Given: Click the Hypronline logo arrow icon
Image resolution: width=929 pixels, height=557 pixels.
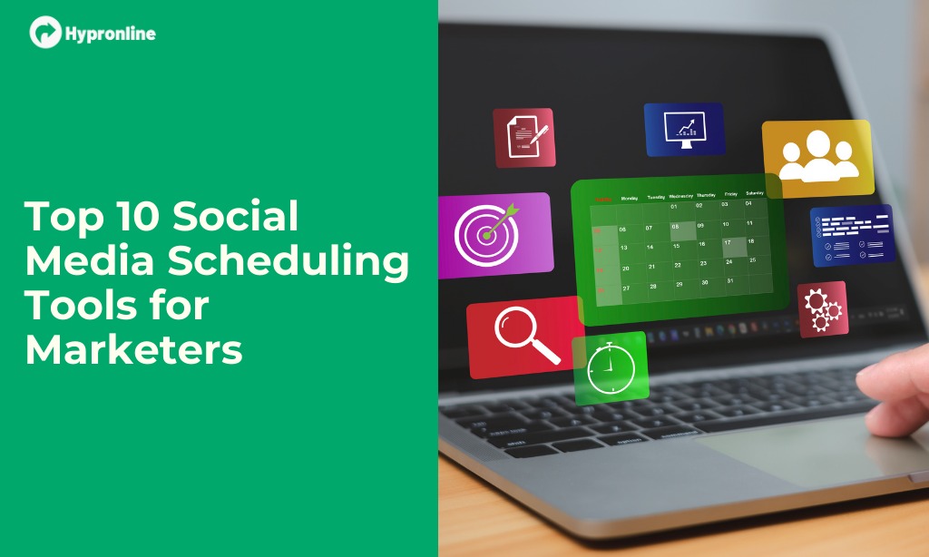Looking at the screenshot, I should [44, 33].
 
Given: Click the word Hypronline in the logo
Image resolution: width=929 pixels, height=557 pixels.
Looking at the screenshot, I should [110, 34].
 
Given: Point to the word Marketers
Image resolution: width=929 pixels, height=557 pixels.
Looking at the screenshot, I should [133, 349].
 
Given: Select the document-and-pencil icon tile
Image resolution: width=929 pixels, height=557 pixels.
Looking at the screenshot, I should [523, 137].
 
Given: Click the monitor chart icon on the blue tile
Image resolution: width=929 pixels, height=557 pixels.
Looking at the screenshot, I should [684, 129].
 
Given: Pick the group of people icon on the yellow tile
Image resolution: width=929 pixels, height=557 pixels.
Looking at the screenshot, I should [817, 157].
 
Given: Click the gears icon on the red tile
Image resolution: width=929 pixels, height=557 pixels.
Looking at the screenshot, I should [822, 308].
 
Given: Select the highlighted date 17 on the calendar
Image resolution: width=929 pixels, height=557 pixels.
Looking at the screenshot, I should [728, 243].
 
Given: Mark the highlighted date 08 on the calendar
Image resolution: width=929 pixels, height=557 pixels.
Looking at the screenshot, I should [675, 226].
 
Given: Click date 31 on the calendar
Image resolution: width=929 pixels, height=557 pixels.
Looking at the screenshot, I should [730, 281].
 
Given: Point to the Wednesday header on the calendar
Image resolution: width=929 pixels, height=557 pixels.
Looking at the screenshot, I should [680, 195].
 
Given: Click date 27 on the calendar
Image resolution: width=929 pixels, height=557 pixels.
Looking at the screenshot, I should [626, 288].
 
